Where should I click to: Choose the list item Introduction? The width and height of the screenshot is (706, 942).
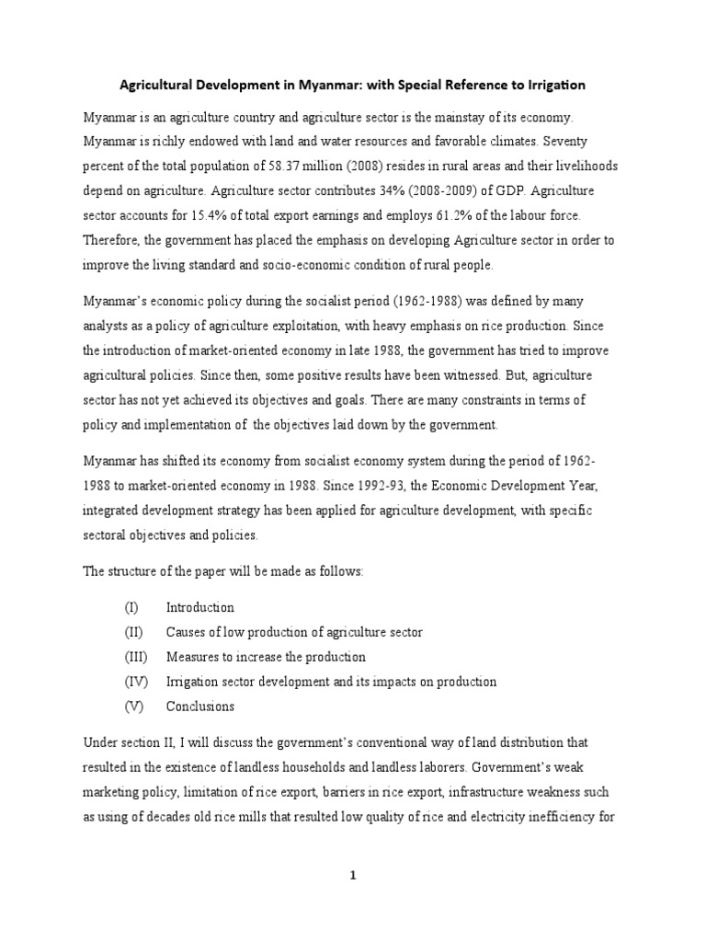click(x=199, y=608)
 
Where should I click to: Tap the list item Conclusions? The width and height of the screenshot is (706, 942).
click(x=199, y=706)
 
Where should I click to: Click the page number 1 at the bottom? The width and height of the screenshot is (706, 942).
click(x=352, y=877)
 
